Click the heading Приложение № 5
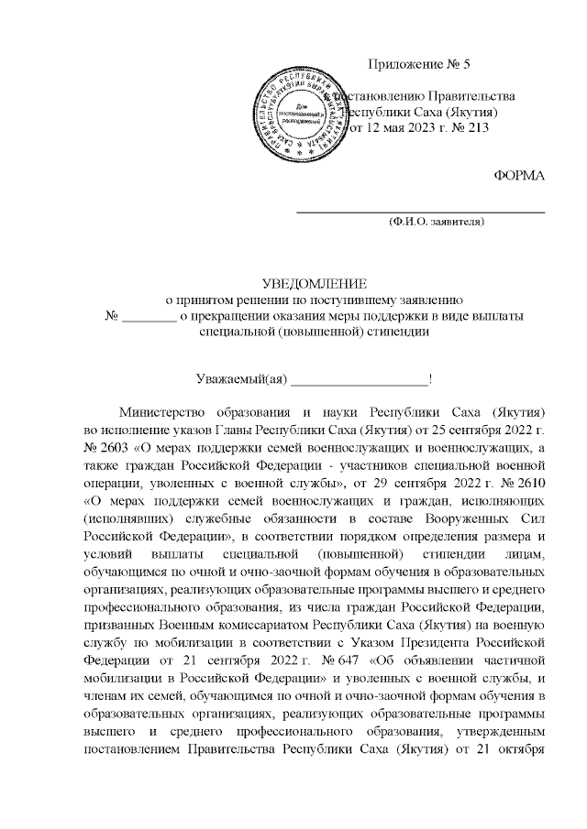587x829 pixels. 417,64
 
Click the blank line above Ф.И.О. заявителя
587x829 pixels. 418,212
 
